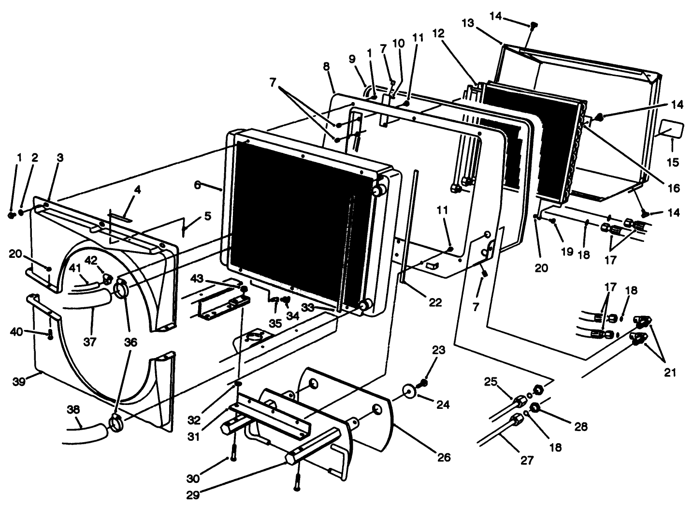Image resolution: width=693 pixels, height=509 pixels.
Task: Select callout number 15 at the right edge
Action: [x=672, y=163]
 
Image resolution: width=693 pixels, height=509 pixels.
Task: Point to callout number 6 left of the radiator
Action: [x=197, y=184]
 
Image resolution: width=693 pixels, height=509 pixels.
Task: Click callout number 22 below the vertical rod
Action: [x=435, y=302]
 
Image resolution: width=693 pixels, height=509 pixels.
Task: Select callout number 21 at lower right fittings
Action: [x=670, y=372]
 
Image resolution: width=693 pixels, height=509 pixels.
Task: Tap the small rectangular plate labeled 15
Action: [x=672, y=129]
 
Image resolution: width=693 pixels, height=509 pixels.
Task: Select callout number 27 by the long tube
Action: [x=527, y=460]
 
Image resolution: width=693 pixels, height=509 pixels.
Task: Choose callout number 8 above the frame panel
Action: [x=327, y=66]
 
